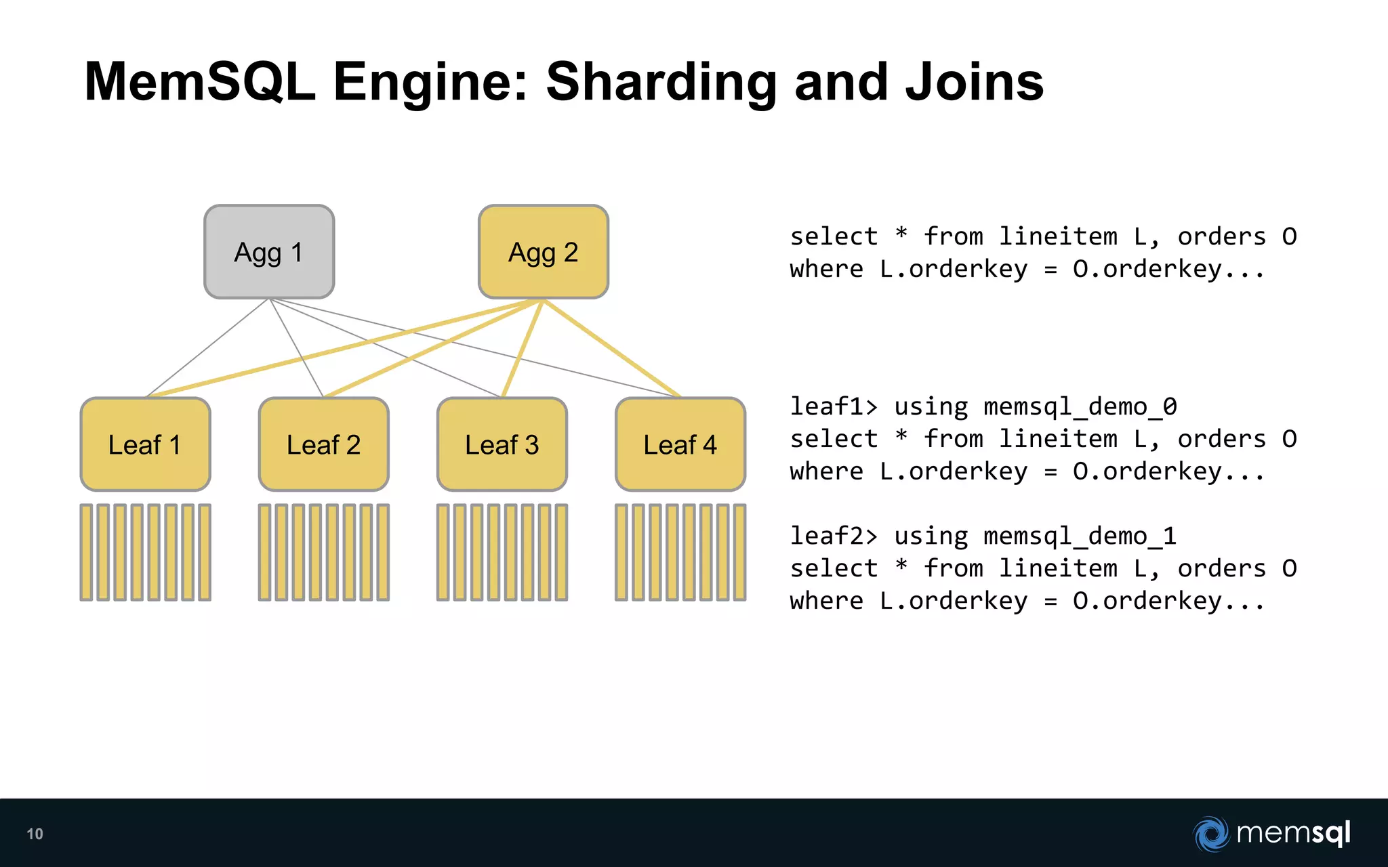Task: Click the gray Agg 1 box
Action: coord(269,252)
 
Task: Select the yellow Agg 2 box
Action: coord(543,252)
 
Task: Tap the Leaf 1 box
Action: coord(145,444)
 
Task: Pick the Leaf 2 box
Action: coord(323,444)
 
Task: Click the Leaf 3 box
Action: coord(502,444)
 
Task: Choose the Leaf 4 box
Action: coord(680,444)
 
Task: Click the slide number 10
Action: coord(35,834)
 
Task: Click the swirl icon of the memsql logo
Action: coord(1211,834)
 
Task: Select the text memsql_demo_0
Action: coord(1080,406)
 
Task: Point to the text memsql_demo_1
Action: coord(1080,536)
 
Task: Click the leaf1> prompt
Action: coord(833,406)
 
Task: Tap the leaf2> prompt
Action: coord(833,536)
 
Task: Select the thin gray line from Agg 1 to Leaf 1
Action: coord(208,347)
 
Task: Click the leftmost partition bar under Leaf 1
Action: coord(86,552)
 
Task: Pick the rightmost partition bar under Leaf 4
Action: coord(739,552)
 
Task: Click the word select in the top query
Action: coord(833,236)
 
